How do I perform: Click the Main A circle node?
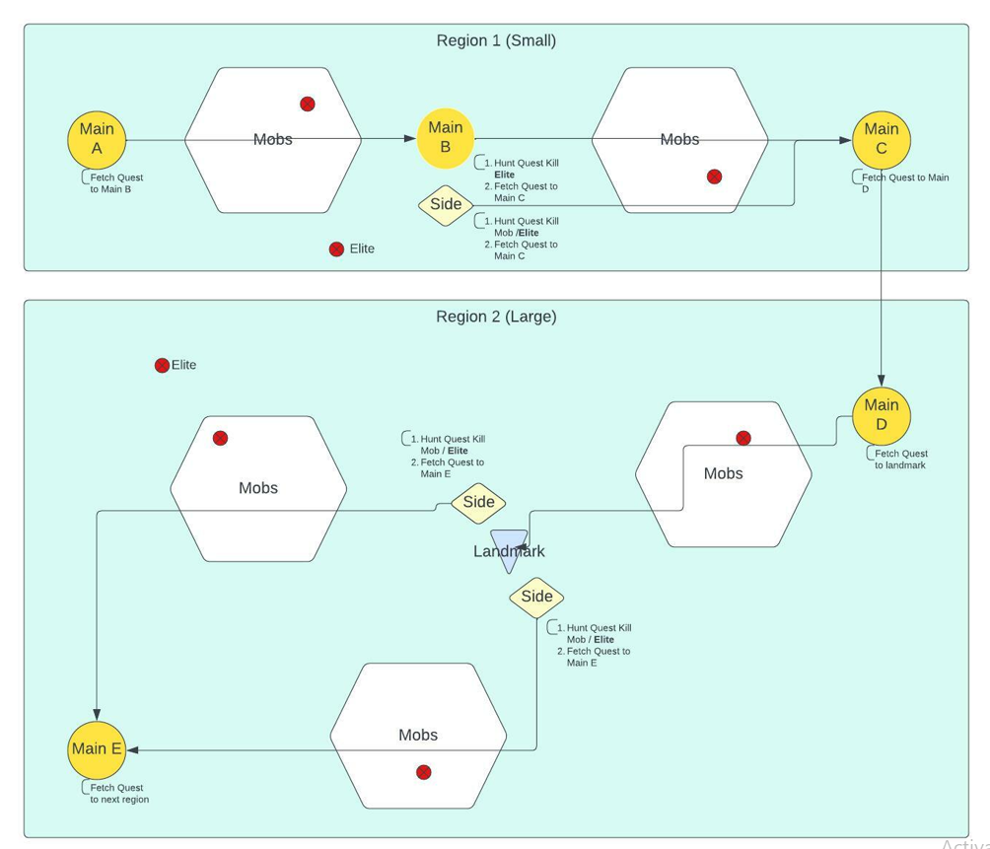coord(97,140)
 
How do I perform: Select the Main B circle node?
coord(446,139)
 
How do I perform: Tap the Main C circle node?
coord(882,140)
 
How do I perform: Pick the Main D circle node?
coord(882,415)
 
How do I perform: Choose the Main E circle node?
coord(97,749)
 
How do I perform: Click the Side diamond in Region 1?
coord(446,205)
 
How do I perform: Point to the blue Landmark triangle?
coord(509,549)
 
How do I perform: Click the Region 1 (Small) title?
coord(496,40)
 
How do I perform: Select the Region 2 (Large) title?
coord(496,317)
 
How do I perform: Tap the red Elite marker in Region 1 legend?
coord(336,249)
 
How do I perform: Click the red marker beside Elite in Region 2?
coord(162,366)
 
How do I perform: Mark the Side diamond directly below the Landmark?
coord(536,597)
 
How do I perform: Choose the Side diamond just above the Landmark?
coord(478,502)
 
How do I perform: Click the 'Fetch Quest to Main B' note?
coord(116,183)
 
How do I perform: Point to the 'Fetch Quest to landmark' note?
coord(900,460)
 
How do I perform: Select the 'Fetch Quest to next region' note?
coord(119,794)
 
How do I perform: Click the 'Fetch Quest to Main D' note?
coord(904,182)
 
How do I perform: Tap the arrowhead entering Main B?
coord(409,139)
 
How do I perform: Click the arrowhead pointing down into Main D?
coord(882,381)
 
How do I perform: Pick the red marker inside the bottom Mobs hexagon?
coord(424,772)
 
